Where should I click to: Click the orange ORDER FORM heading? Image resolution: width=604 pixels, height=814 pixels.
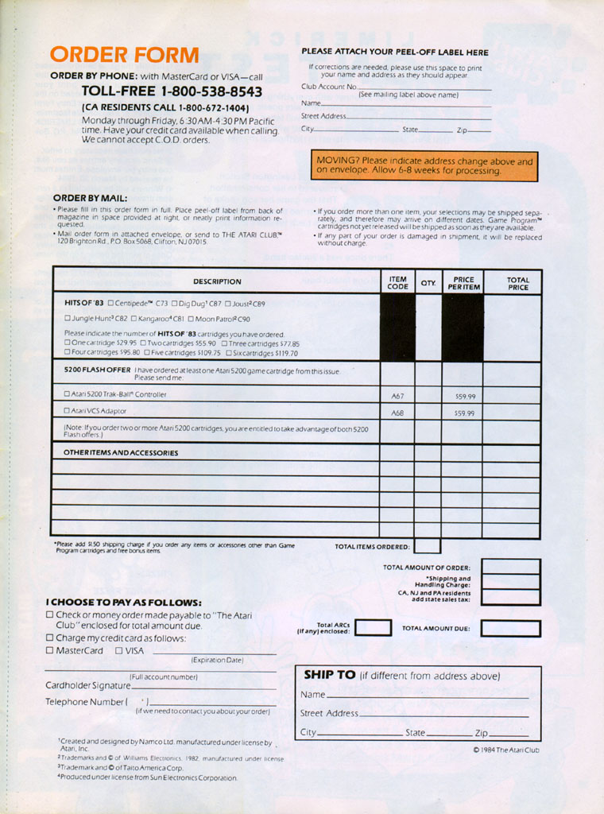[x=124, y=55]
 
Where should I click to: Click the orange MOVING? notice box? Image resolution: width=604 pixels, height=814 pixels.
[x=424, y=165]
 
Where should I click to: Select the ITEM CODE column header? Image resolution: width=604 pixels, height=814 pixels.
[x=397, y=282]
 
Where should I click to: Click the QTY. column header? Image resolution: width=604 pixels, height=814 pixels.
[x=428, y=282]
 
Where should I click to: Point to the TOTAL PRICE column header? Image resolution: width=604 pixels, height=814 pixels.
[x=517, y=282]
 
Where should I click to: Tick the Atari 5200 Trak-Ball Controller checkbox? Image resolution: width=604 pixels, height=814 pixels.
[x=68, y=394]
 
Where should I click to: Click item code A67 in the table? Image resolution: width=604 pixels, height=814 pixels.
[x=397, y=395]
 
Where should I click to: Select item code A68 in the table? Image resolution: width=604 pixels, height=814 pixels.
[x=397, y=413]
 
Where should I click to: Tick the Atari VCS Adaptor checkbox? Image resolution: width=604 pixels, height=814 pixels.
[x=68, y=412]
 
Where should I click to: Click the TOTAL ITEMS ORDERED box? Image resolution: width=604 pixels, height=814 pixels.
[x=427, y=546]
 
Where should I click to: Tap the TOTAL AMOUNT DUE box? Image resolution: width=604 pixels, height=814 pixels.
[x=510, y=628]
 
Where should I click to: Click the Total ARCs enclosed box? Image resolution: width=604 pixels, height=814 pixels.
[x=373, y=628]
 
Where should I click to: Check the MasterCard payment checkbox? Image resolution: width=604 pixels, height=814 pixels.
[x=49, y=650]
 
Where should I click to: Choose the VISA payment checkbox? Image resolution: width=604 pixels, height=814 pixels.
[x=118, y=650]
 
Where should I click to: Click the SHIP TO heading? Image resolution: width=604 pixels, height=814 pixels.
[x=329, y=675]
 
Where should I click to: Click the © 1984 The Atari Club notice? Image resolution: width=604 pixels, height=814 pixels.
[x=506, y=750]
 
